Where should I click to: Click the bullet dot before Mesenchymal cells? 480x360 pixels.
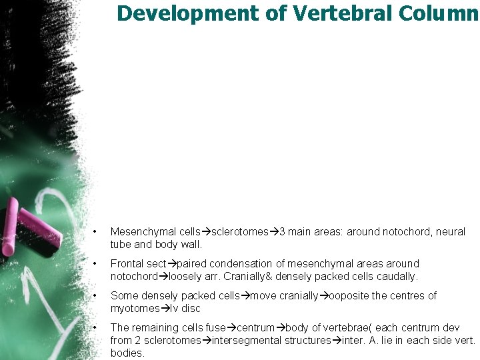(96, 232)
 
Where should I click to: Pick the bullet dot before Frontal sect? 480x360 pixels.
(96, 264)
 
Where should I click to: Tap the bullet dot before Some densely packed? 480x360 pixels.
(96, 296)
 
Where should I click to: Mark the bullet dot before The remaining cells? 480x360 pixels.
(96, 328)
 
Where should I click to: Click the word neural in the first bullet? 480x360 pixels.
(451, 232)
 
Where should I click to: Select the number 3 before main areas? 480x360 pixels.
(282, 232)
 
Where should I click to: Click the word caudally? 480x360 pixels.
(396, 276)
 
